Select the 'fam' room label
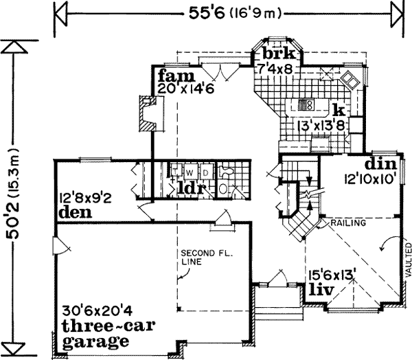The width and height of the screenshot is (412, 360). click(170, 74)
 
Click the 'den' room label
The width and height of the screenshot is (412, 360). click(76, 212)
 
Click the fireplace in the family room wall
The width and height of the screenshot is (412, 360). click(147, 113)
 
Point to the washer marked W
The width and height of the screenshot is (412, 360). click(187, 169)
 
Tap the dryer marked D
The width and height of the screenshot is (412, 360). click(204, 169)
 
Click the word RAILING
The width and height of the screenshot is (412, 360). click(347, 224)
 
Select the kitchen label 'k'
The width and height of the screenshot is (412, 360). click(337, 110)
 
